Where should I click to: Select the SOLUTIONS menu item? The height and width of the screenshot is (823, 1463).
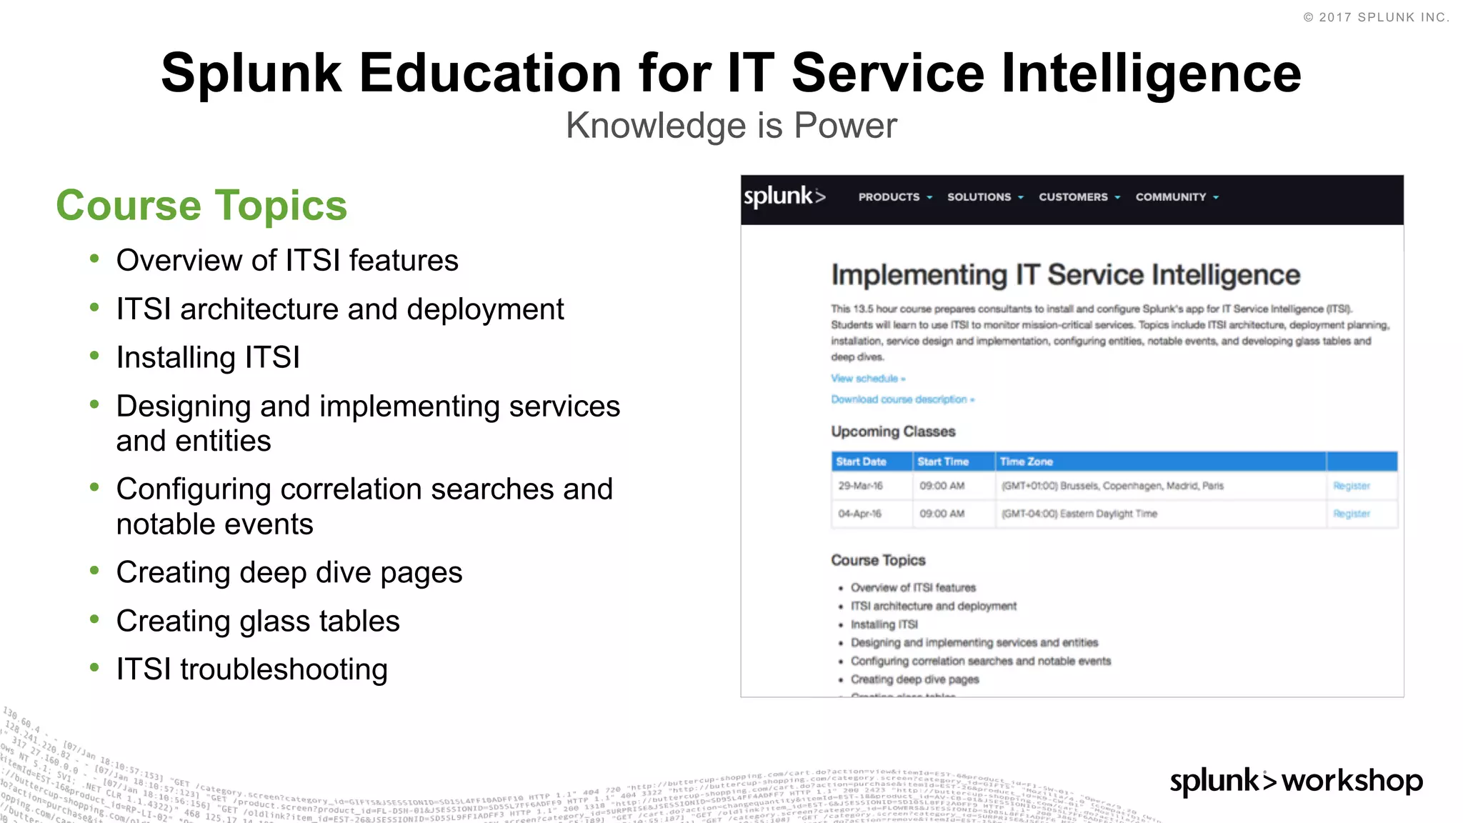pyautogui.click(x=984, y=197)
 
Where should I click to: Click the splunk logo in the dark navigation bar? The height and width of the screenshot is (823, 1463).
pyautogui.click(x=784, y=196)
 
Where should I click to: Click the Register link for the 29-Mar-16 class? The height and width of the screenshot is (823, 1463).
pyautogui.click(x=1351, y=486)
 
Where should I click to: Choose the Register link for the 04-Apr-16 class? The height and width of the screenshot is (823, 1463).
pyautogui.click(x=1351, y=514)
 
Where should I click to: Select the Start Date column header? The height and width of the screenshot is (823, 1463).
pyautogui.click(x=861, y=462)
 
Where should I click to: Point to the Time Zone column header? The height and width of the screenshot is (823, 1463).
pyautogui.click(x=1026, y=462)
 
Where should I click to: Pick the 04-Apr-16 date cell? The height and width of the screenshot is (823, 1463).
pyautogui.click(x=860, y=514)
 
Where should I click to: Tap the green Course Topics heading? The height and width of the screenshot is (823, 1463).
pyautogui.click(x=201, y=206)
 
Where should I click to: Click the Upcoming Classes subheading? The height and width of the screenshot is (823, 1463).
pyautogui.click(x=893, y=432)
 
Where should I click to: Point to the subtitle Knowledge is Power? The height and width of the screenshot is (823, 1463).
pyautogui.click(x=731, y=126)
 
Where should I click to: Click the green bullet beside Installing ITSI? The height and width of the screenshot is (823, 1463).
pyautogui.click(x=94, y=356)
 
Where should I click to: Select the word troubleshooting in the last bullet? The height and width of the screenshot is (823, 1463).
pyautogui.click(x=284, y=669)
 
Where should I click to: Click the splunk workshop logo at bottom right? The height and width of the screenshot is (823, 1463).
pyautogui.click(x=1296, y=781)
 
